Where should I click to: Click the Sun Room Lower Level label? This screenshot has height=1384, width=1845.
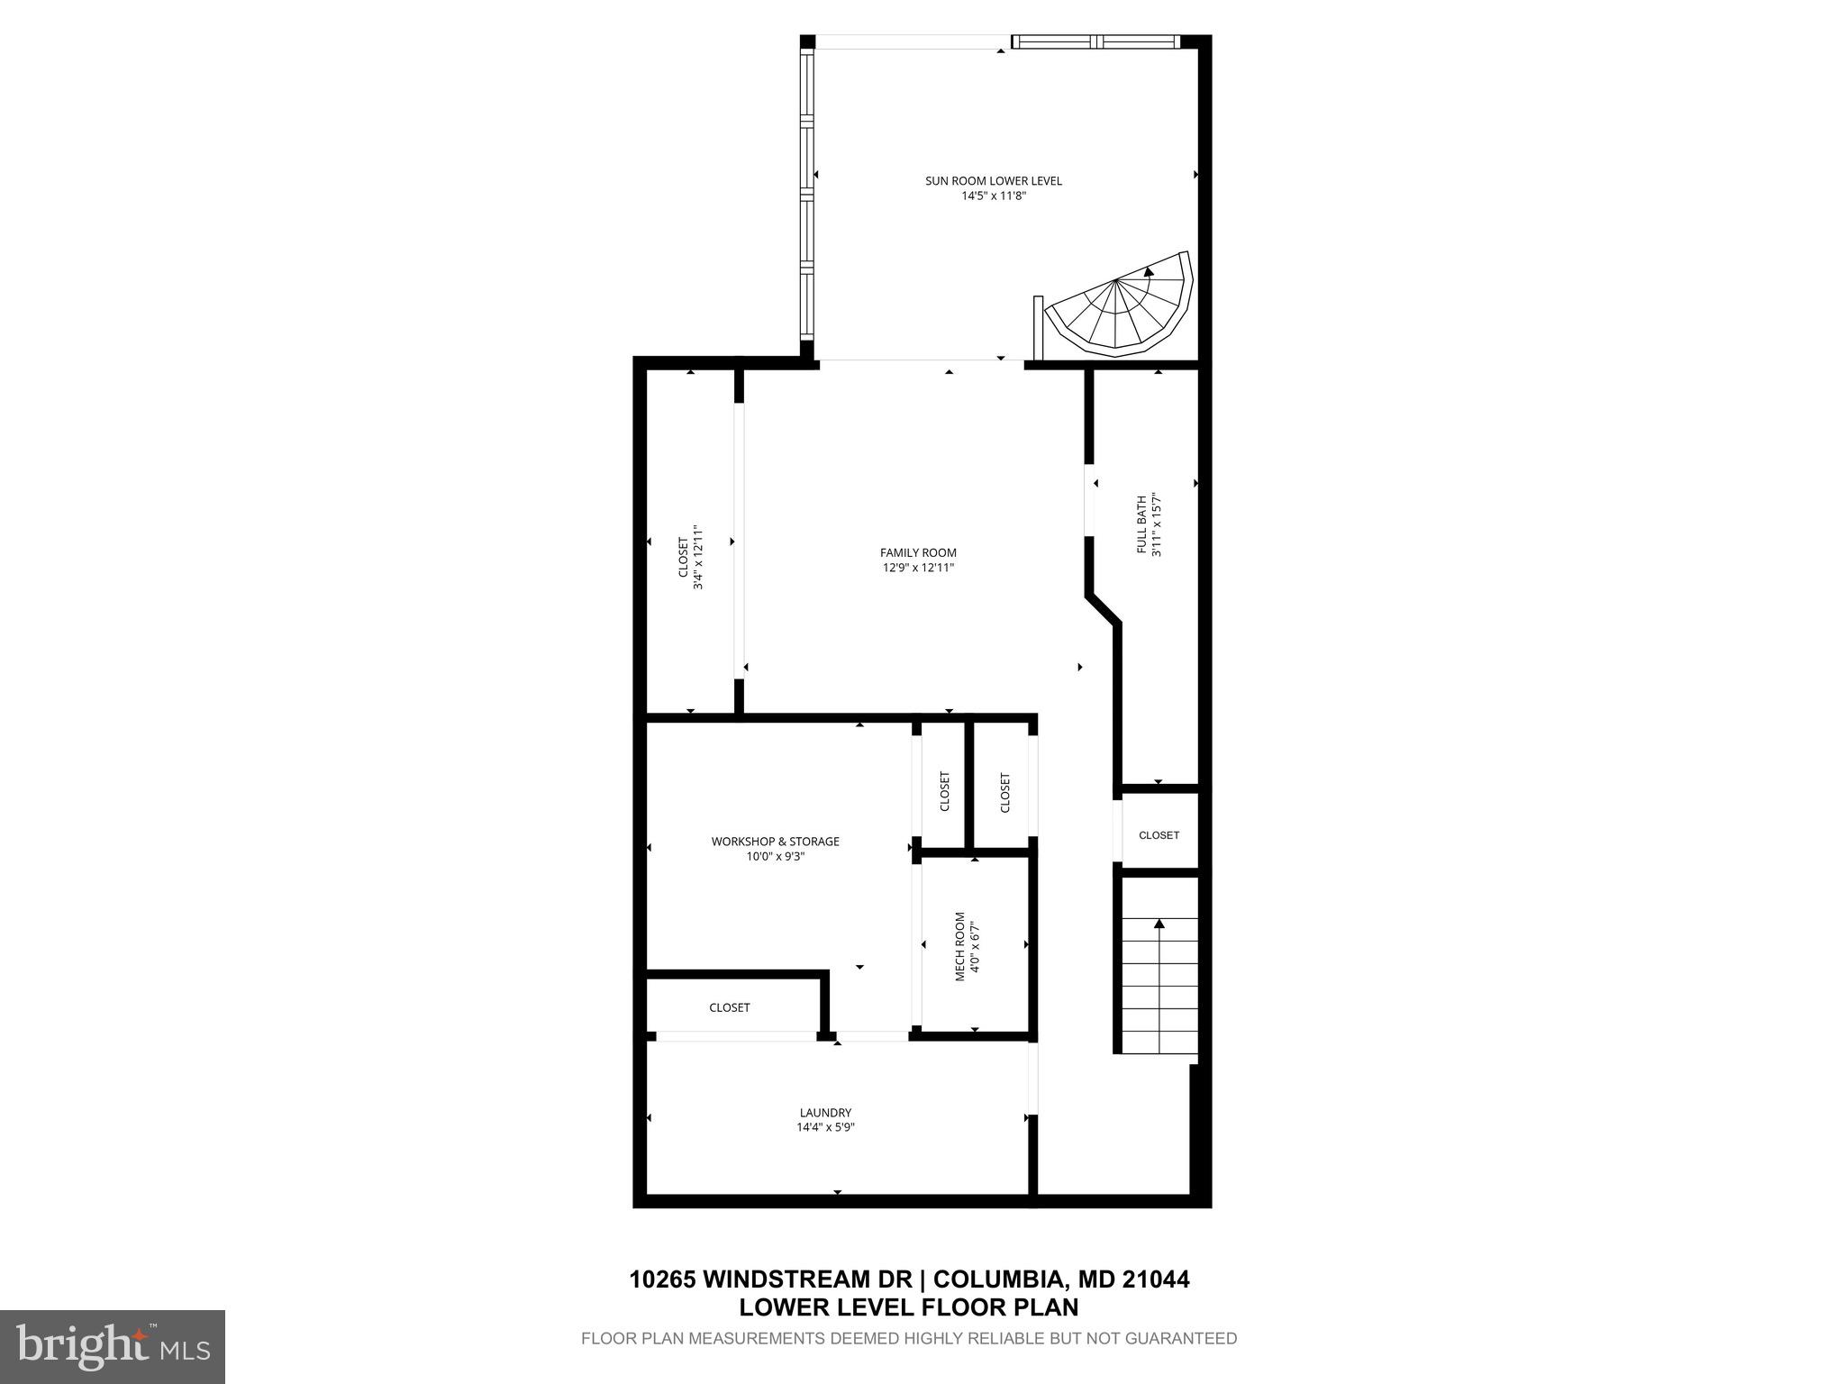pos(993,181)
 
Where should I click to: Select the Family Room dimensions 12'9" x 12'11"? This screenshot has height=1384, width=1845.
pos(918,568)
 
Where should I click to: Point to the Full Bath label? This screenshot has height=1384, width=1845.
pos(1141,524)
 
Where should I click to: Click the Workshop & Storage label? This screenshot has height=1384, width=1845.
pos(775,842)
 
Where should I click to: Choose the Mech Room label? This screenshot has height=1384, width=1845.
pos(960,946)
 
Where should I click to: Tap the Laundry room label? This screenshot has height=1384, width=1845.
pos(825,1113)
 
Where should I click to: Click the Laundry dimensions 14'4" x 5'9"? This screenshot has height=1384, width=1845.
pos(825,1127)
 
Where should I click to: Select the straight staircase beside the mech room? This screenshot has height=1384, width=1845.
pos(1159,986)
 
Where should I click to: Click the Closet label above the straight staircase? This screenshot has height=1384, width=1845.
pos(1159,835)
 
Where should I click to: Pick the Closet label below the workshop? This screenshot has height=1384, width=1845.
pos(729,1007)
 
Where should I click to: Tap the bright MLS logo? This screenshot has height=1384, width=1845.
pos(113,1347)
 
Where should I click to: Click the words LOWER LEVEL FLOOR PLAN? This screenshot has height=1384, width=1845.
pos(908,1307)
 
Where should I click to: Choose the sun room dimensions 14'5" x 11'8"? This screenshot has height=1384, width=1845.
pos(993,196)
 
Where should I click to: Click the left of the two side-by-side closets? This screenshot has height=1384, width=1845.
pos(944,791)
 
